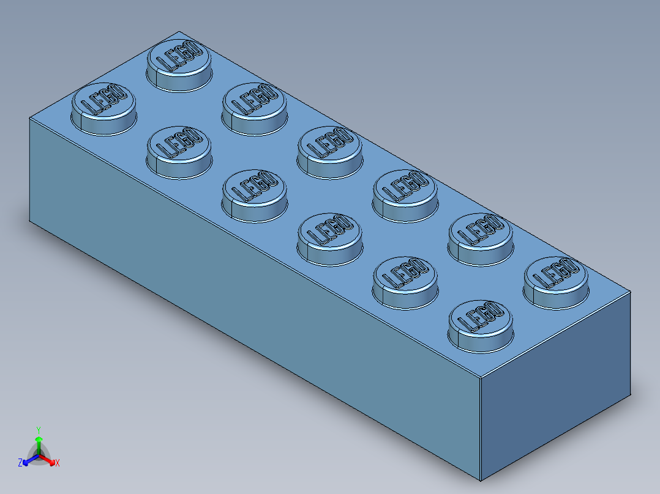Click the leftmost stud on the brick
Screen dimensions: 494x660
click(x=103, y=105)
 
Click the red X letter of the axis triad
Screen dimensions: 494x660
click(x=58, y=463)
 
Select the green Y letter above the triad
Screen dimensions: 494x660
click(x=39, y=430)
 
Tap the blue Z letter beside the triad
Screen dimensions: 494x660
click(x=20, y=463)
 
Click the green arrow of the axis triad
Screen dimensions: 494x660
click(x=39, y=441)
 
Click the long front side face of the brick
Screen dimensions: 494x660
click(x=245, y=293)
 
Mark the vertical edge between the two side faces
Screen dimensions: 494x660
click(x=481, y=428)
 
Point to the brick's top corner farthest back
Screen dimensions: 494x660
click(x=178, y=32)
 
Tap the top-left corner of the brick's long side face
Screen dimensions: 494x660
click(x=30, y=117)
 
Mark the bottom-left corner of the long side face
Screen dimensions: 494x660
click(x=30, y=221)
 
